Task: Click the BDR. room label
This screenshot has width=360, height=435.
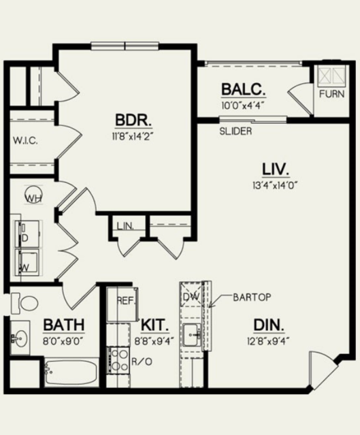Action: pos(133,120)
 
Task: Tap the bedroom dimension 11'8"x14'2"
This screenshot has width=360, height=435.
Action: pos(132,136)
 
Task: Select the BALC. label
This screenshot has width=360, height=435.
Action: pos(244,89)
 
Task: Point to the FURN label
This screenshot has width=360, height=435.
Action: pos(331,94)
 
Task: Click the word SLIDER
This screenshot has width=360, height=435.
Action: pos(235,131)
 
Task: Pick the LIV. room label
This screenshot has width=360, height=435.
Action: pos(276,170)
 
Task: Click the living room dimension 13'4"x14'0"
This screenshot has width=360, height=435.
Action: pos(275,185)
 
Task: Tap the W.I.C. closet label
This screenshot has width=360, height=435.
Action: pos(25,141)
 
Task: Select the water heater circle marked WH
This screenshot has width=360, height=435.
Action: pos(33,194)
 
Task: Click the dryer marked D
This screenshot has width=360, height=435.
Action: pos(28,233)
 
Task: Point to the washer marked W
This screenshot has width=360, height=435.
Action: pos(27,262)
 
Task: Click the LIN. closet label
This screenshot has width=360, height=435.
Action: pos(125,226)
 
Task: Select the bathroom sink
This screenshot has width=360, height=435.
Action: pos(20,338)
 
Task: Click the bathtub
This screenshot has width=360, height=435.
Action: pos(71,372)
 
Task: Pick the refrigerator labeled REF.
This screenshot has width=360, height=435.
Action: pos(122,304)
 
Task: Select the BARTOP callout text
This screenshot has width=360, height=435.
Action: pos(252,297)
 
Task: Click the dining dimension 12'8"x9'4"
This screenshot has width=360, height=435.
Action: pos(269,341)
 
